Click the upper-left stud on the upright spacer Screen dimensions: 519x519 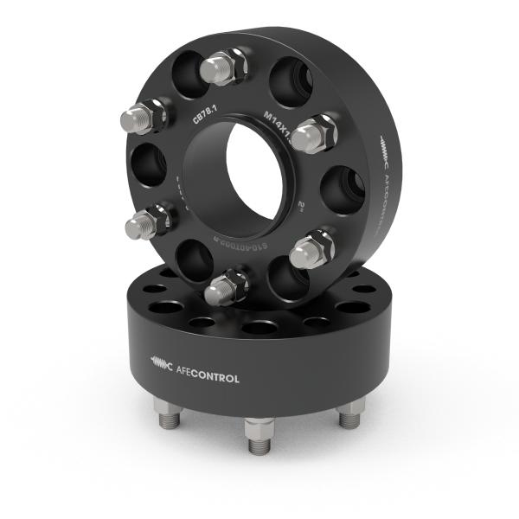143,117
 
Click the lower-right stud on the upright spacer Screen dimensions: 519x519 311,250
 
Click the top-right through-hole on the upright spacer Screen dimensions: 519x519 292,80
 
